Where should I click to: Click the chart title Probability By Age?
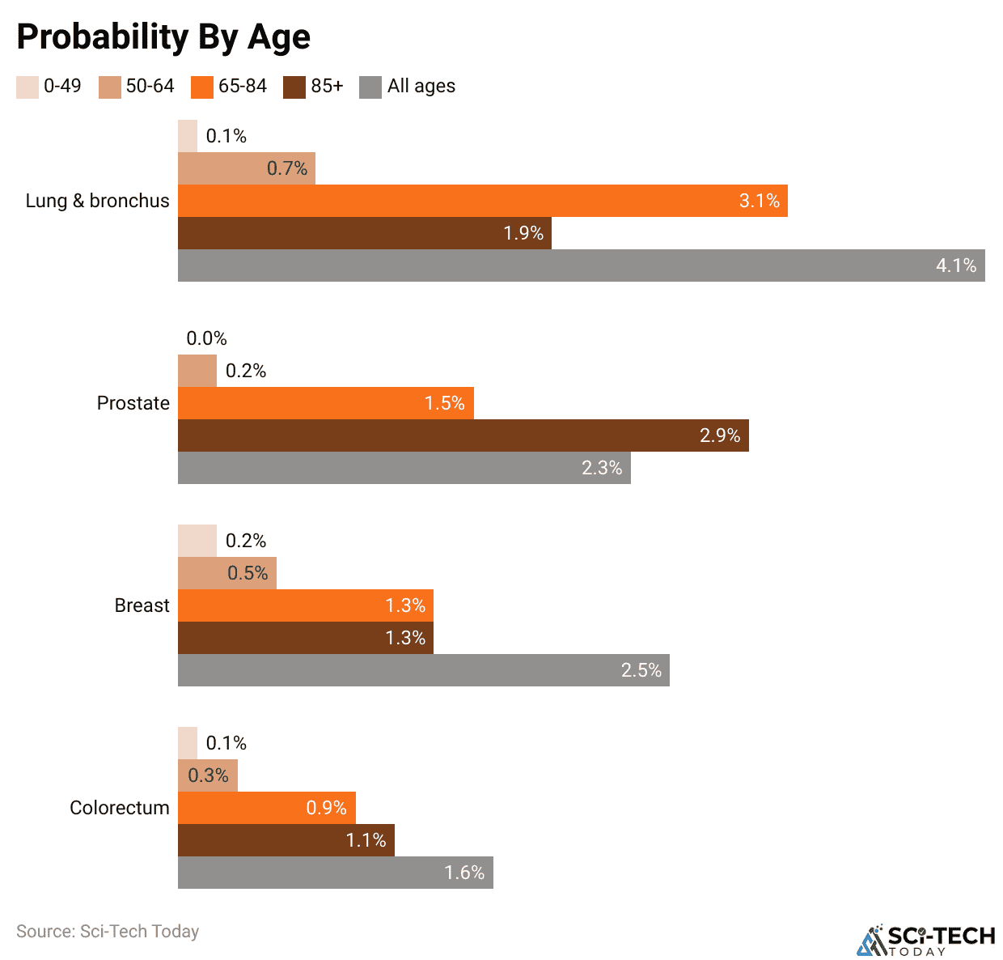(163, 37)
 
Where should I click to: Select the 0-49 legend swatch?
(27, 87)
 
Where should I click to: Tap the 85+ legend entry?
(314, 87)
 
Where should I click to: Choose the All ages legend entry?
(408, 87)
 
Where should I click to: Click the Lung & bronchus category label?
(97, 201)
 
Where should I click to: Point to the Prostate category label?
(133, 403)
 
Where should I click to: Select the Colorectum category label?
(119, 808)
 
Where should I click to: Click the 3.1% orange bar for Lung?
(482, 201)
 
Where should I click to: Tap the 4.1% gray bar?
(581, 265)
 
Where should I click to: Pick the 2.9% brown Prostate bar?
(463, 435)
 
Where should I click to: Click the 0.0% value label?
(206, 338)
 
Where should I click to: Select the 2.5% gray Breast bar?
(423, 670)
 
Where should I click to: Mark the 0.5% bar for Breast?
(227, 573)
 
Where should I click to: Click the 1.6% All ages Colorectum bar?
(335, 873)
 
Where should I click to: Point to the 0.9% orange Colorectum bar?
(266, 808)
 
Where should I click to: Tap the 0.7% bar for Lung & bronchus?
(246, 168)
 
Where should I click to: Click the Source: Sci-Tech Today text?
(108, 931)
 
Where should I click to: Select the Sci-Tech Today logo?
(925, 940)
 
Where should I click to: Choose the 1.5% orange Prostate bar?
(325, 403)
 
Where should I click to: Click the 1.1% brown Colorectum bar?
(286, 840)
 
